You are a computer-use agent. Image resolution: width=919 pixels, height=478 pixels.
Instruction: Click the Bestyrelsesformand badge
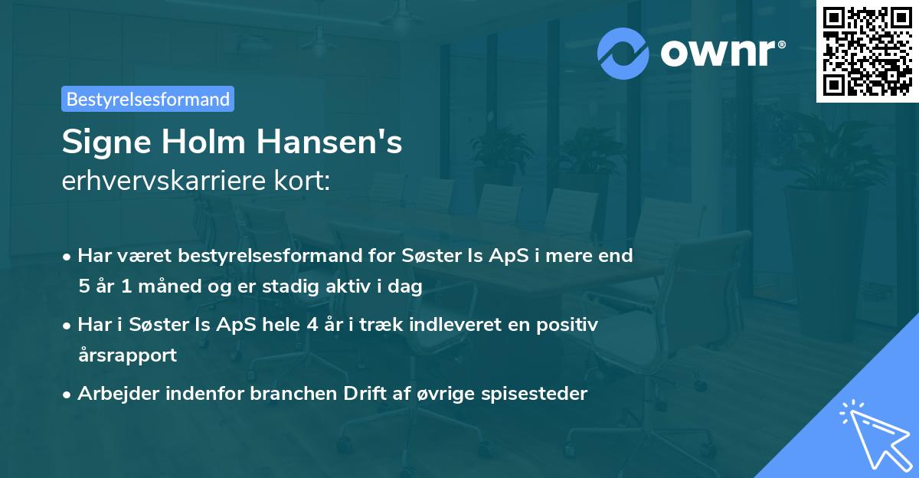(148, 99)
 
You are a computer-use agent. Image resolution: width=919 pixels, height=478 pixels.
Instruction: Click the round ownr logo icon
(623, 54)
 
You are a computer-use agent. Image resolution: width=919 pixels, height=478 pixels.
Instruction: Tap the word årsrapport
(126, 355)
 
